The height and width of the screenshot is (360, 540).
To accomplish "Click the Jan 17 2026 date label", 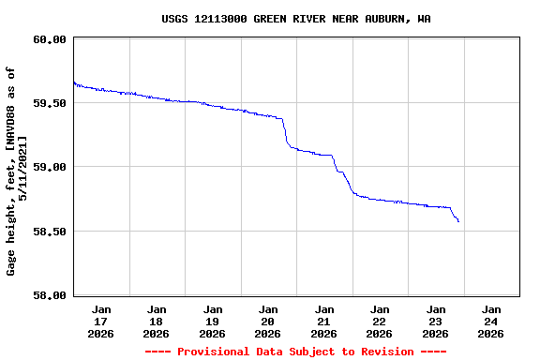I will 100,321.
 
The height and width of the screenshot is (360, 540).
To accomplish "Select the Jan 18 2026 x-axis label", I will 157,321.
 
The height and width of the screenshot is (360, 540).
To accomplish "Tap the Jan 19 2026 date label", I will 212,321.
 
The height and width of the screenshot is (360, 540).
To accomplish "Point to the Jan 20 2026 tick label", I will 268,321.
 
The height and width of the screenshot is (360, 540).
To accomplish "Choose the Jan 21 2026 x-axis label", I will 323,321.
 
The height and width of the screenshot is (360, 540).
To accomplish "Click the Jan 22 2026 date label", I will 380,321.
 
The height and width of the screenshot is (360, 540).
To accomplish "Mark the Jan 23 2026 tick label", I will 435,321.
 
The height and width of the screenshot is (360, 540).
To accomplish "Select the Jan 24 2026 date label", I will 490,321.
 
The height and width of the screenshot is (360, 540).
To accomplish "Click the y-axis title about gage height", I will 17,169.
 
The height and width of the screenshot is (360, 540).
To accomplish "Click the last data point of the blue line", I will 458,221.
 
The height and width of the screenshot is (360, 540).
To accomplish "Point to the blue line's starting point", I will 73,82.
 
